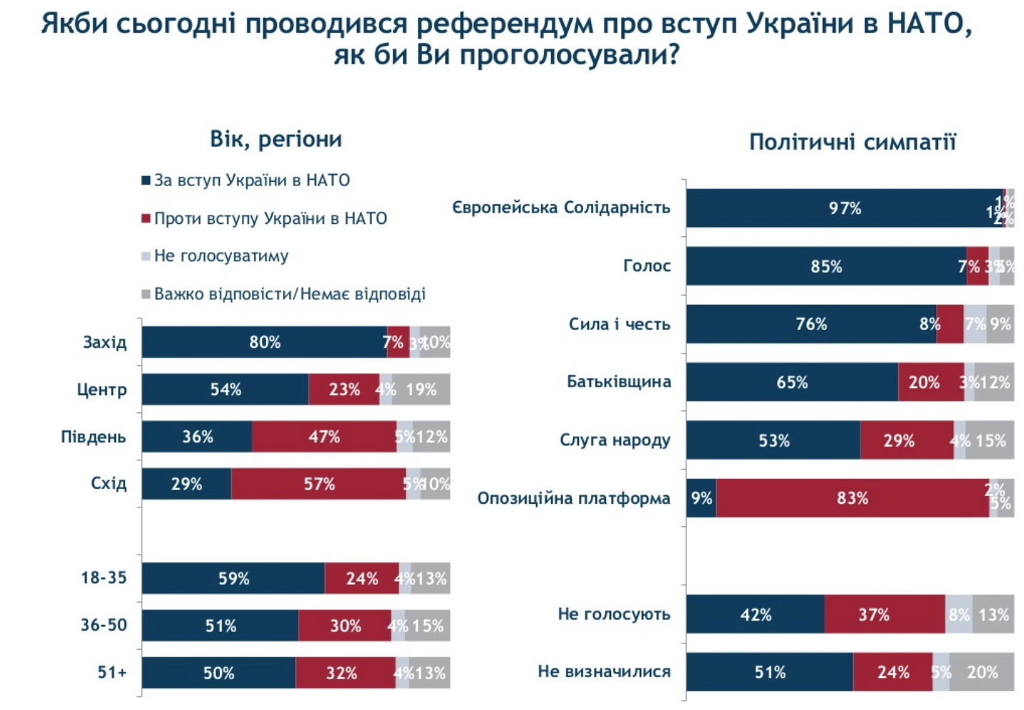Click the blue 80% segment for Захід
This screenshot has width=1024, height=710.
[264, 342]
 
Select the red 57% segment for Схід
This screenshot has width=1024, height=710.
[318, 484]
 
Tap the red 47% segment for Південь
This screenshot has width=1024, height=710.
[323, 437]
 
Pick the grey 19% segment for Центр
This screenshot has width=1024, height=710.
[421, 389]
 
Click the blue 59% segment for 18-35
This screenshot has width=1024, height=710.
[233, 578]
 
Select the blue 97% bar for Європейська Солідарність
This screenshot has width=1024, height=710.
[844, 208]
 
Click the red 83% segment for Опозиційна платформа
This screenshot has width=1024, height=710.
[852, 498]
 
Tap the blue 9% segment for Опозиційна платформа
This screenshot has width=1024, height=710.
[701, 498]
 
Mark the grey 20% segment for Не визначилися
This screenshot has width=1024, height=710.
[982, 672]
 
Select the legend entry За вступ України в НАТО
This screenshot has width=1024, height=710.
[251, 180]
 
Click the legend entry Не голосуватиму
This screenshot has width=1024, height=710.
[220, 256]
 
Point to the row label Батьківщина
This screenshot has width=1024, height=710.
[618, 381]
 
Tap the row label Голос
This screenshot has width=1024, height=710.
[647, 266]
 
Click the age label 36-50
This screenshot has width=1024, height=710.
[103, 626]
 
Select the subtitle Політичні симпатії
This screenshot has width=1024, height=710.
[852, 142]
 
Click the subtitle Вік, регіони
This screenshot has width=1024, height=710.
[275, 139]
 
